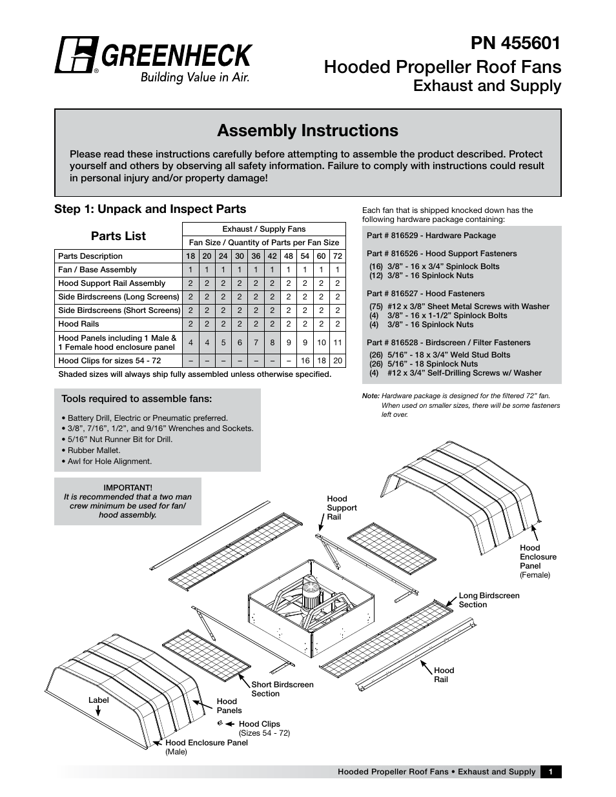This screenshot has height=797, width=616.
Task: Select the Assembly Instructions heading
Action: (307, 130)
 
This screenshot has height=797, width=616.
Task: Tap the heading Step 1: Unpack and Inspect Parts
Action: (150, 209)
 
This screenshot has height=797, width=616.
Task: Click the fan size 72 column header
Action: (337, 256)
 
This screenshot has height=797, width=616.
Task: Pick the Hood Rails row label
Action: (79, 324)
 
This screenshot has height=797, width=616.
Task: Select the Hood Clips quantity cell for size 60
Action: (321, 361)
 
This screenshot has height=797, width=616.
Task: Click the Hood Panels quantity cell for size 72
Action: (337, 343)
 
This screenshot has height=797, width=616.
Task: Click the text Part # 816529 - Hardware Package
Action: (431, 236)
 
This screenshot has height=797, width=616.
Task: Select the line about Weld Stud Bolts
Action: (439, 355)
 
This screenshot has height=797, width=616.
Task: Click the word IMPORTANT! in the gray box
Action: (128, 488)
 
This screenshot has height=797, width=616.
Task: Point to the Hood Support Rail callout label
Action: (342, 508)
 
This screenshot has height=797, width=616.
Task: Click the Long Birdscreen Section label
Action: (489, 600)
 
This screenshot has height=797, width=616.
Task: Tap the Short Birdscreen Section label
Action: (282, 689)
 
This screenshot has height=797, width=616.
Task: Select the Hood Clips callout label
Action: (259, 724)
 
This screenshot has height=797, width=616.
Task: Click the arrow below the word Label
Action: (99, 711)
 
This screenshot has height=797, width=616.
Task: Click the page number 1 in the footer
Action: (550, 772)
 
